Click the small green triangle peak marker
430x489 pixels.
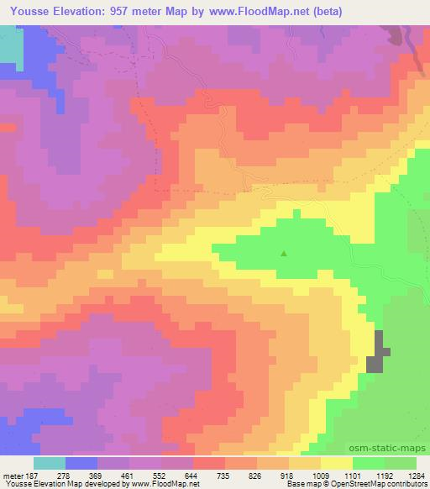point(284,252)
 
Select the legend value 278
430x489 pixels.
point(64,476)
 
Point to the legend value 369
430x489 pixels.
point(96,476)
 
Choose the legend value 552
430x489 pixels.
point(160,476)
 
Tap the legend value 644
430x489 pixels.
point(191,476)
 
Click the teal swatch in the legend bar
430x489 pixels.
point(49,464)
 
